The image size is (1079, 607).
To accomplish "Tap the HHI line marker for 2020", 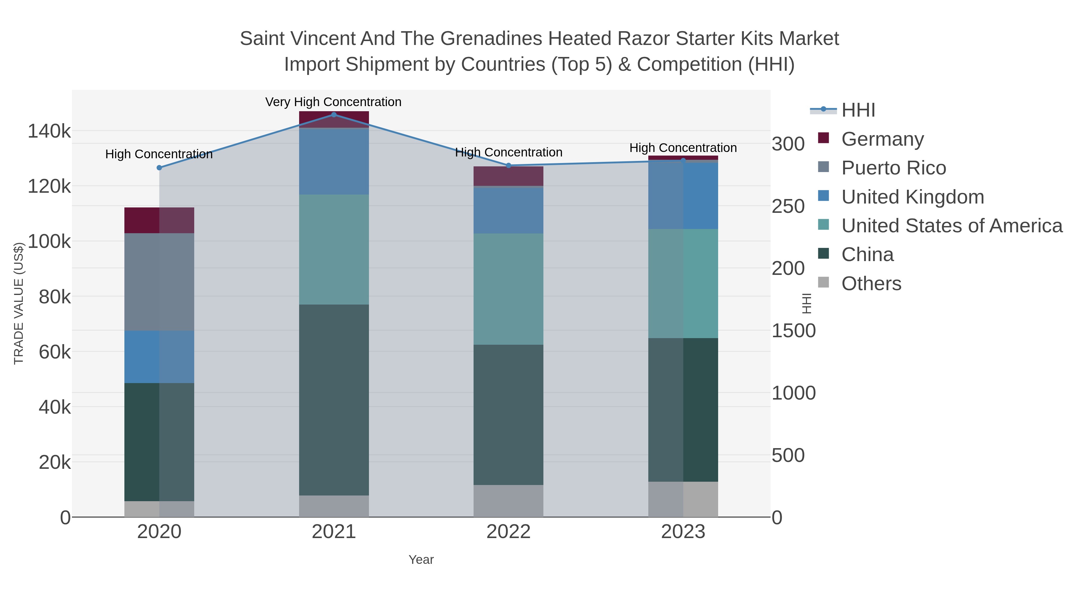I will tap(159, 168).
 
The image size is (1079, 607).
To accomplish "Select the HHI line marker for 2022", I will tap(509, 165).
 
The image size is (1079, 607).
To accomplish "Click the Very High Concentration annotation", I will tap(333, 102).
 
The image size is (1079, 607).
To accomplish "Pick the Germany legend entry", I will tap(882, 139).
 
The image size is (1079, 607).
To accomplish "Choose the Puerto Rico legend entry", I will tap(893, 168).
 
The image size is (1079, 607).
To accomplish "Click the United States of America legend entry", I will tap(952, 226).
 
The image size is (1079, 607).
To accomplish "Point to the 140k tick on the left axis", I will tap(49, 131).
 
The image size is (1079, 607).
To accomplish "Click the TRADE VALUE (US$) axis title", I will tap(19, 303).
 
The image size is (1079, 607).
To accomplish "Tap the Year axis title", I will tap(421, 560).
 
